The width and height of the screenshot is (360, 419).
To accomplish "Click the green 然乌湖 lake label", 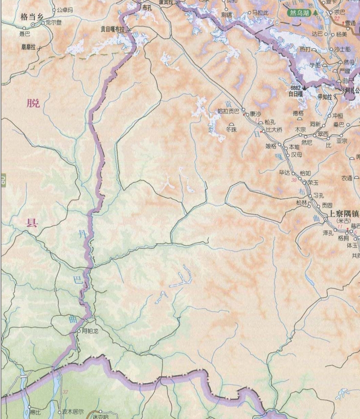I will tap(301, 12).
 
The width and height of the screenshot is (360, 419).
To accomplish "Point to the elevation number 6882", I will tap(297, 88).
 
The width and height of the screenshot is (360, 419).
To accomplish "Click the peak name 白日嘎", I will tap(297, 95).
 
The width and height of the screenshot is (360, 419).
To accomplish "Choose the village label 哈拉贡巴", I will tap(228, 110).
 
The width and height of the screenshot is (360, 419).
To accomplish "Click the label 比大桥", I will tap(274, 129).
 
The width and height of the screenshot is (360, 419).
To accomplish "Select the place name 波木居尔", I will tap(73, 411).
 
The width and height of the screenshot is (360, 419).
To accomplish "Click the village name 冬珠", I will tap(232, 130).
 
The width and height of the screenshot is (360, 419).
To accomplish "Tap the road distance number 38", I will tap(294, 180).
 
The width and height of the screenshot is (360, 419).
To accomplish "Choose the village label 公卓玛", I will tap(65, 10).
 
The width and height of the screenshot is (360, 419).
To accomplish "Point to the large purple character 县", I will tap(32, 222).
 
